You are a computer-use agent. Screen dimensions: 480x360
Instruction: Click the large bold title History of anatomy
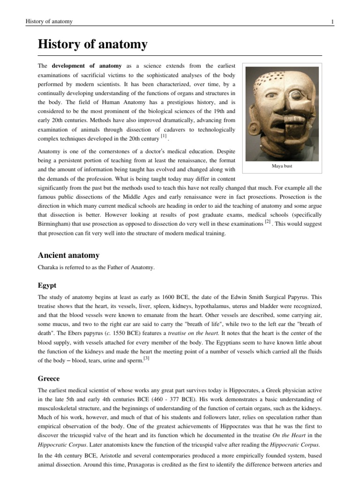[92, 45]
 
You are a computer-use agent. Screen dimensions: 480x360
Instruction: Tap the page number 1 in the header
[332, 22]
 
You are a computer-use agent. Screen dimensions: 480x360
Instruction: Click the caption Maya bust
[282, 165]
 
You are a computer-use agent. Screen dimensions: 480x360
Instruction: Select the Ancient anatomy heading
[68, 255]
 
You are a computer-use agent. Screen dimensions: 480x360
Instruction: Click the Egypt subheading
[47, 285]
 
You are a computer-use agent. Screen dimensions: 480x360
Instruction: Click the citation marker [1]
[163, 136]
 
